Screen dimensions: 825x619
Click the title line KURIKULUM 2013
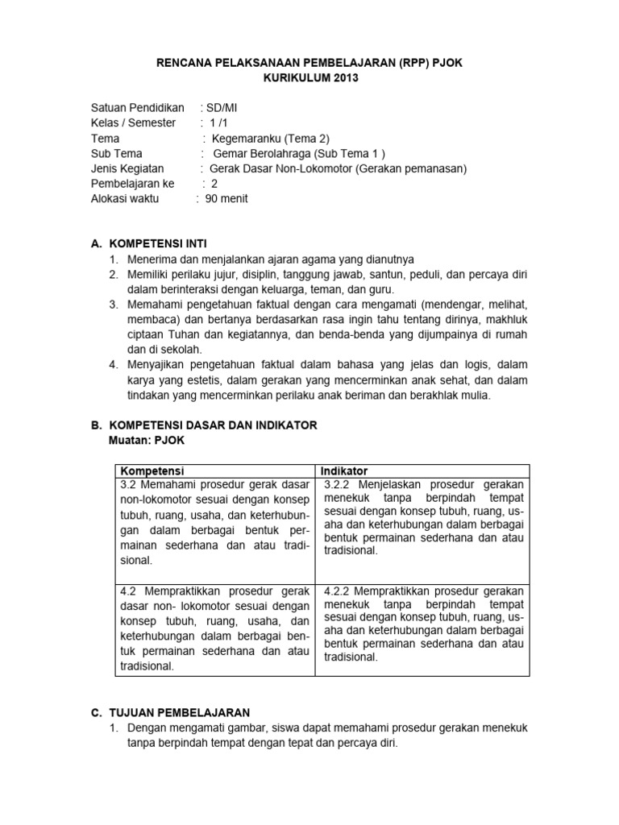(309, 77)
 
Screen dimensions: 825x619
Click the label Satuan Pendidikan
(138, 108)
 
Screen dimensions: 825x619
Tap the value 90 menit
(230, 199)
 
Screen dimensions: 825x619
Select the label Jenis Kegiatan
(127, 168)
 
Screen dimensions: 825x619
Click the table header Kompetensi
(152, 471)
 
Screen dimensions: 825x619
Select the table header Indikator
(343, 471)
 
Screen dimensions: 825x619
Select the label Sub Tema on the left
(117, 154)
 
